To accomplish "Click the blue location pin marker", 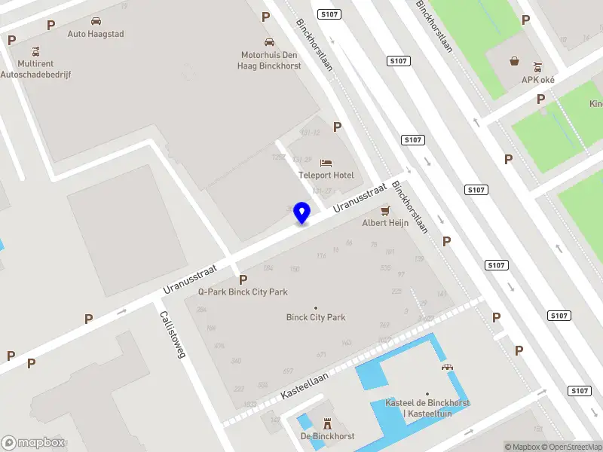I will click(x=302, y=212).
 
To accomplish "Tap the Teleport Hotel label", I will click(x=326, y=176).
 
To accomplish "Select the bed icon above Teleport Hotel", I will click(x=326, y=163).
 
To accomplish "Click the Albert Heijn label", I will click(x=385, y=223).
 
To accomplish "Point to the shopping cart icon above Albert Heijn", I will click(x=385, y=210).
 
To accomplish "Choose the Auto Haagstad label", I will click(x=96, y=34).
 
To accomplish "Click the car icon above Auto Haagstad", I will click(x=96, y=21).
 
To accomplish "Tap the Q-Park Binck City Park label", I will click(x=243, y=292).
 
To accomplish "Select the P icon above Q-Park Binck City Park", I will click(x=243, y=279).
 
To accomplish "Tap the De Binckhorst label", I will click(x=327, y=436).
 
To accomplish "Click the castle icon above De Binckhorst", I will click(x=327, y=423).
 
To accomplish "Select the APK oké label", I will click(x=538, y=80).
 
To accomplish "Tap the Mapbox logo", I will click(x=33, y=443).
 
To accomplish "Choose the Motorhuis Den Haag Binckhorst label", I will click(x=269, y=60).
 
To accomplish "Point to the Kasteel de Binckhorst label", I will click(x=427, y=408).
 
